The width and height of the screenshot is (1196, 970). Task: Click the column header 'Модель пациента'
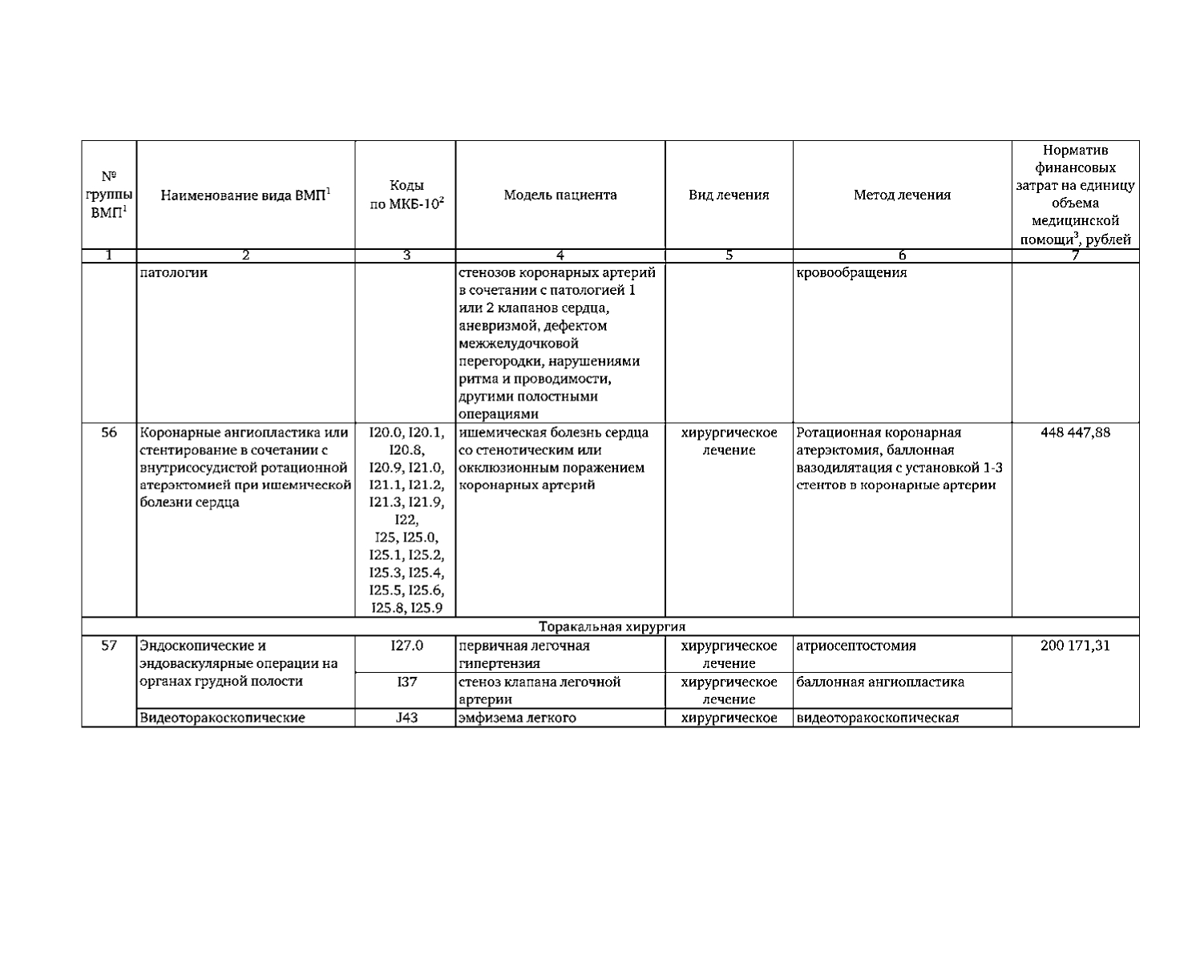click(560, 195)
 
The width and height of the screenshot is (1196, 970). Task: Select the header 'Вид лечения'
click(729, 195)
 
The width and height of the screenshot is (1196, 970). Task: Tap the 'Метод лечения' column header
click(902, 195)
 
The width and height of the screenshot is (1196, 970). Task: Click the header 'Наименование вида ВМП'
click(245, 195)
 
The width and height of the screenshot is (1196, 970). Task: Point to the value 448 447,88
click(1075, 433)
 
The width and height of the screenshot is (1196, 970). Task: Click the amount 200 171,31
click(1075, 646)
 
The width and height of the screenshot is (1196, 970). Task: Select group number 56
click(109, 433)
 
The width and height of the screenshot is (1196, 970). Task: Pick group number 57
click(109, 646)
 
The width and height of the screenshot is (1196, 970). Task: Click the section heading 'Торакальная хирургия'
click(612, 626)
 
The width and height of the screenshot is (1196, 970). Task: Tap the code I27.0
click(406, 646)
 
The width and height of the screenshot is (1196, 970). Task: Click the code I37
click(406, 682)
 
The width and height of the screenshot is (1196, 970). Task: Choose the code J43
click(406, 718)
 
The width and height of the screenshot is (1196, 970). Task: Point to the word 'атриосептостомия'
click(856, 646)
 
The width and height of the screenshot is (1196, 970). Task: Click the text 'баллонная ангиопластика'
click(880, 682)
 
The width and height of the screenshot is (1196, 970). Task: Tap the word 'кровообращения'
click(851, 272)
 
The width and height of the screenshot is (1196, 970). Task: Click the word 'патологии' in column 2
click(174, 272)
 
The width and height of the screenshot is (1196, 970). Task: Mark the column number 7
click(1075, 256)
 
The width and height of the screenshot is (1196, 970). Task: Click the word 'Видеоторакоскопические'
click(222, 718)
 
